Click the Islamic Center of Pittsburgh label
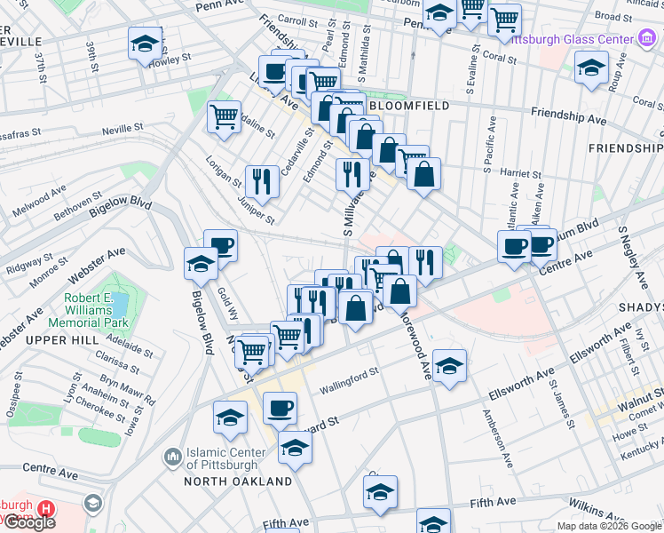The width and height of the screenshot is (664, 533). tap(222, 457)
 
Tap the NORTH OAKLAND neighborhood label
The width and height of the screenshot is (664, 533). tap(238, 481)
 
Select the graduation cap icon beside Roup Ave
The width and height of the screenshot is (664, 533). tap(590, 68)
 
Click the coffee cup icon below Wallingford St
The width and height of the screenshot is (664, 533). tap(281, 408)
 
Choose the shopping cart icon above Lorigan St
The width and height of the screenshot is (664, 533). tap(225, 116)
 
